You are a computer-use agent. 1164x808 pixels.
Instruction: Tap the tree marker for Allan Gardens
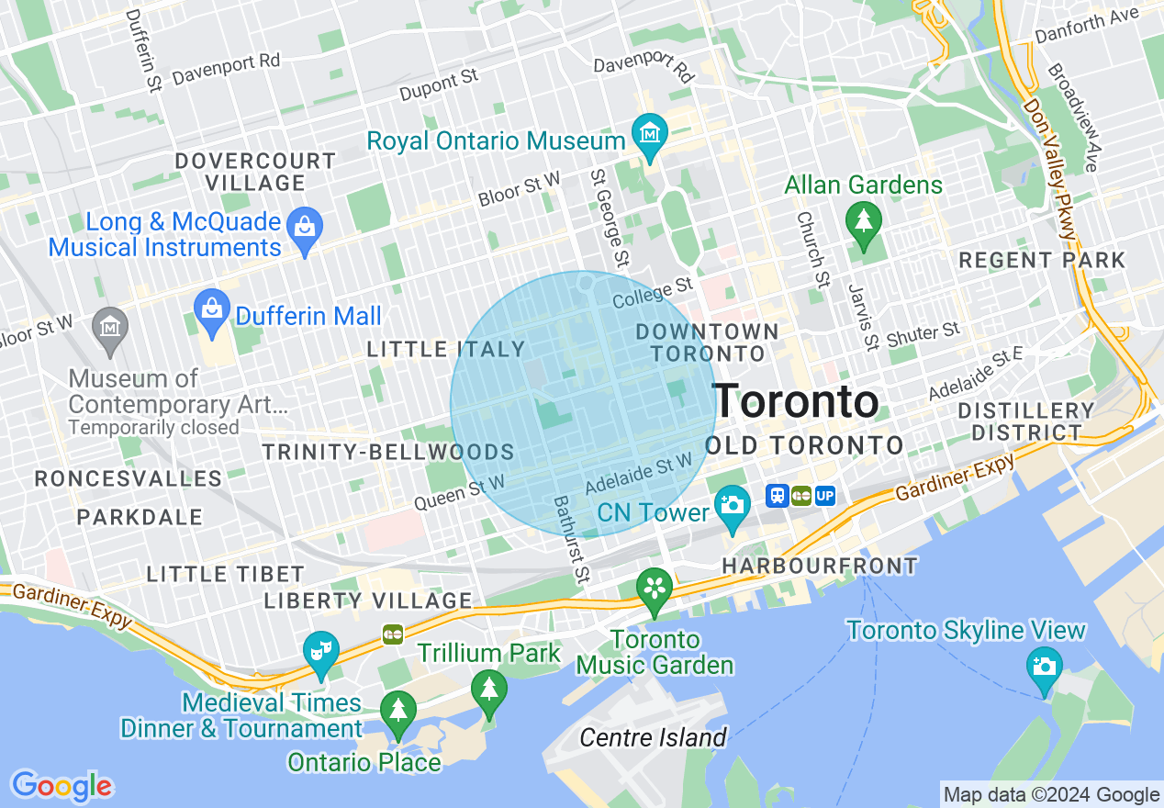pos(863,221)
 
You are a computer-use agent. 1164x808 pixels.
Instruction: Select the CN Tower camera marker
pos(732,505)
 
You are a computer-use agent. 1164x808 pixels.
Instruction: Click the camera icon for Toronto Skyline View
pos(1044,665)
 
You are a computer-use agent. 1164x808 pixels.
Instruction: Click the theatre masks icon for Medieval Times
pos(320,651)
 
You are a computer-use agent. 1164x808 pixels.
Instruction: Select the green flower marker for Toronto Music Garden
pos(655,587)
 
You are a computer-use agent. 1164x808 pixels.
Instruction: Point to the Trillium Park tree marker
pos(488,689)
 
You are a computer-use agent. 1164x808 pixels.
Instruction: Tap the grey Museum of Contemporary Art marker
pos(111,327)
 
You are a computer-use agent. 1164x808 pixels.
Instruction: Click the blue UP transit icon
pos(824,496)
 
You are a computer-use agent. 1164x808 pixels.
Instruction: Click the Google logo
pos(62,785)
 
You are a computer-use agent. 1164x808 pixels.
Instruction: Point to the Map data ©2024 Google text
pos(1051,795)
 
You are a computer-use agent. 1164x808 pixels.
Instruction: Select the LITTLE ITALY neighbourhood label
pos(445,349)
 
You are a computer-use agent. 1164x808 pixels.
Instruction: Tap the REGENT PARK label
pos(1041,260)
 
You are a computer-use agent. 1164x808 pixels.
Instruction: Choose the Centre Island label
pos(653,737)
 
